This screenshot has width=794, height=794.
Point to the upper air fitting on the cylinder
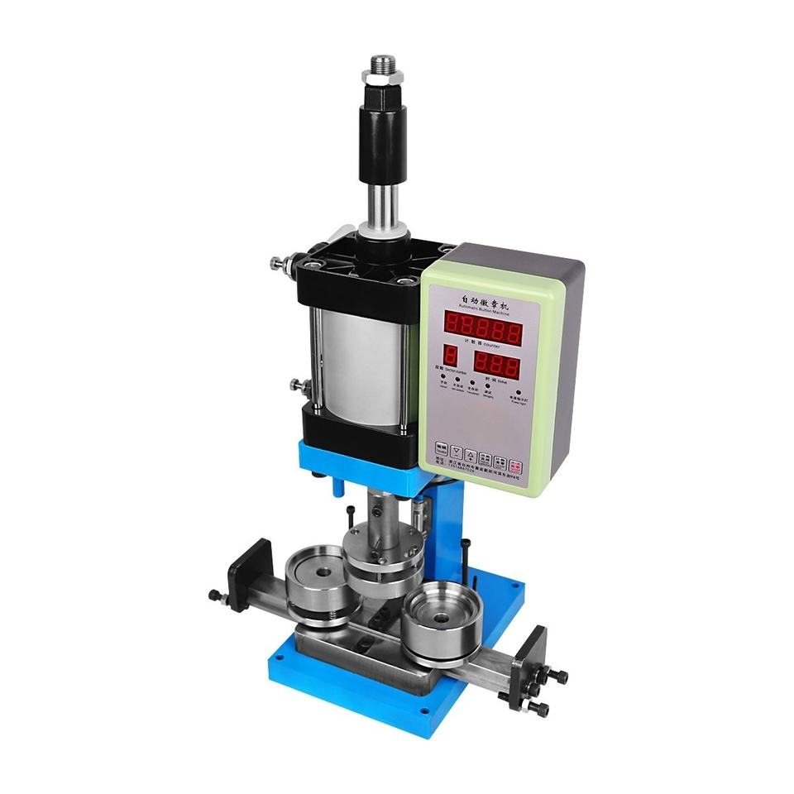click(278, 263)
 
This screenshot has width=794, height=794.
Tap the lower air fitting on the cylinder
click(298, 385)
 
